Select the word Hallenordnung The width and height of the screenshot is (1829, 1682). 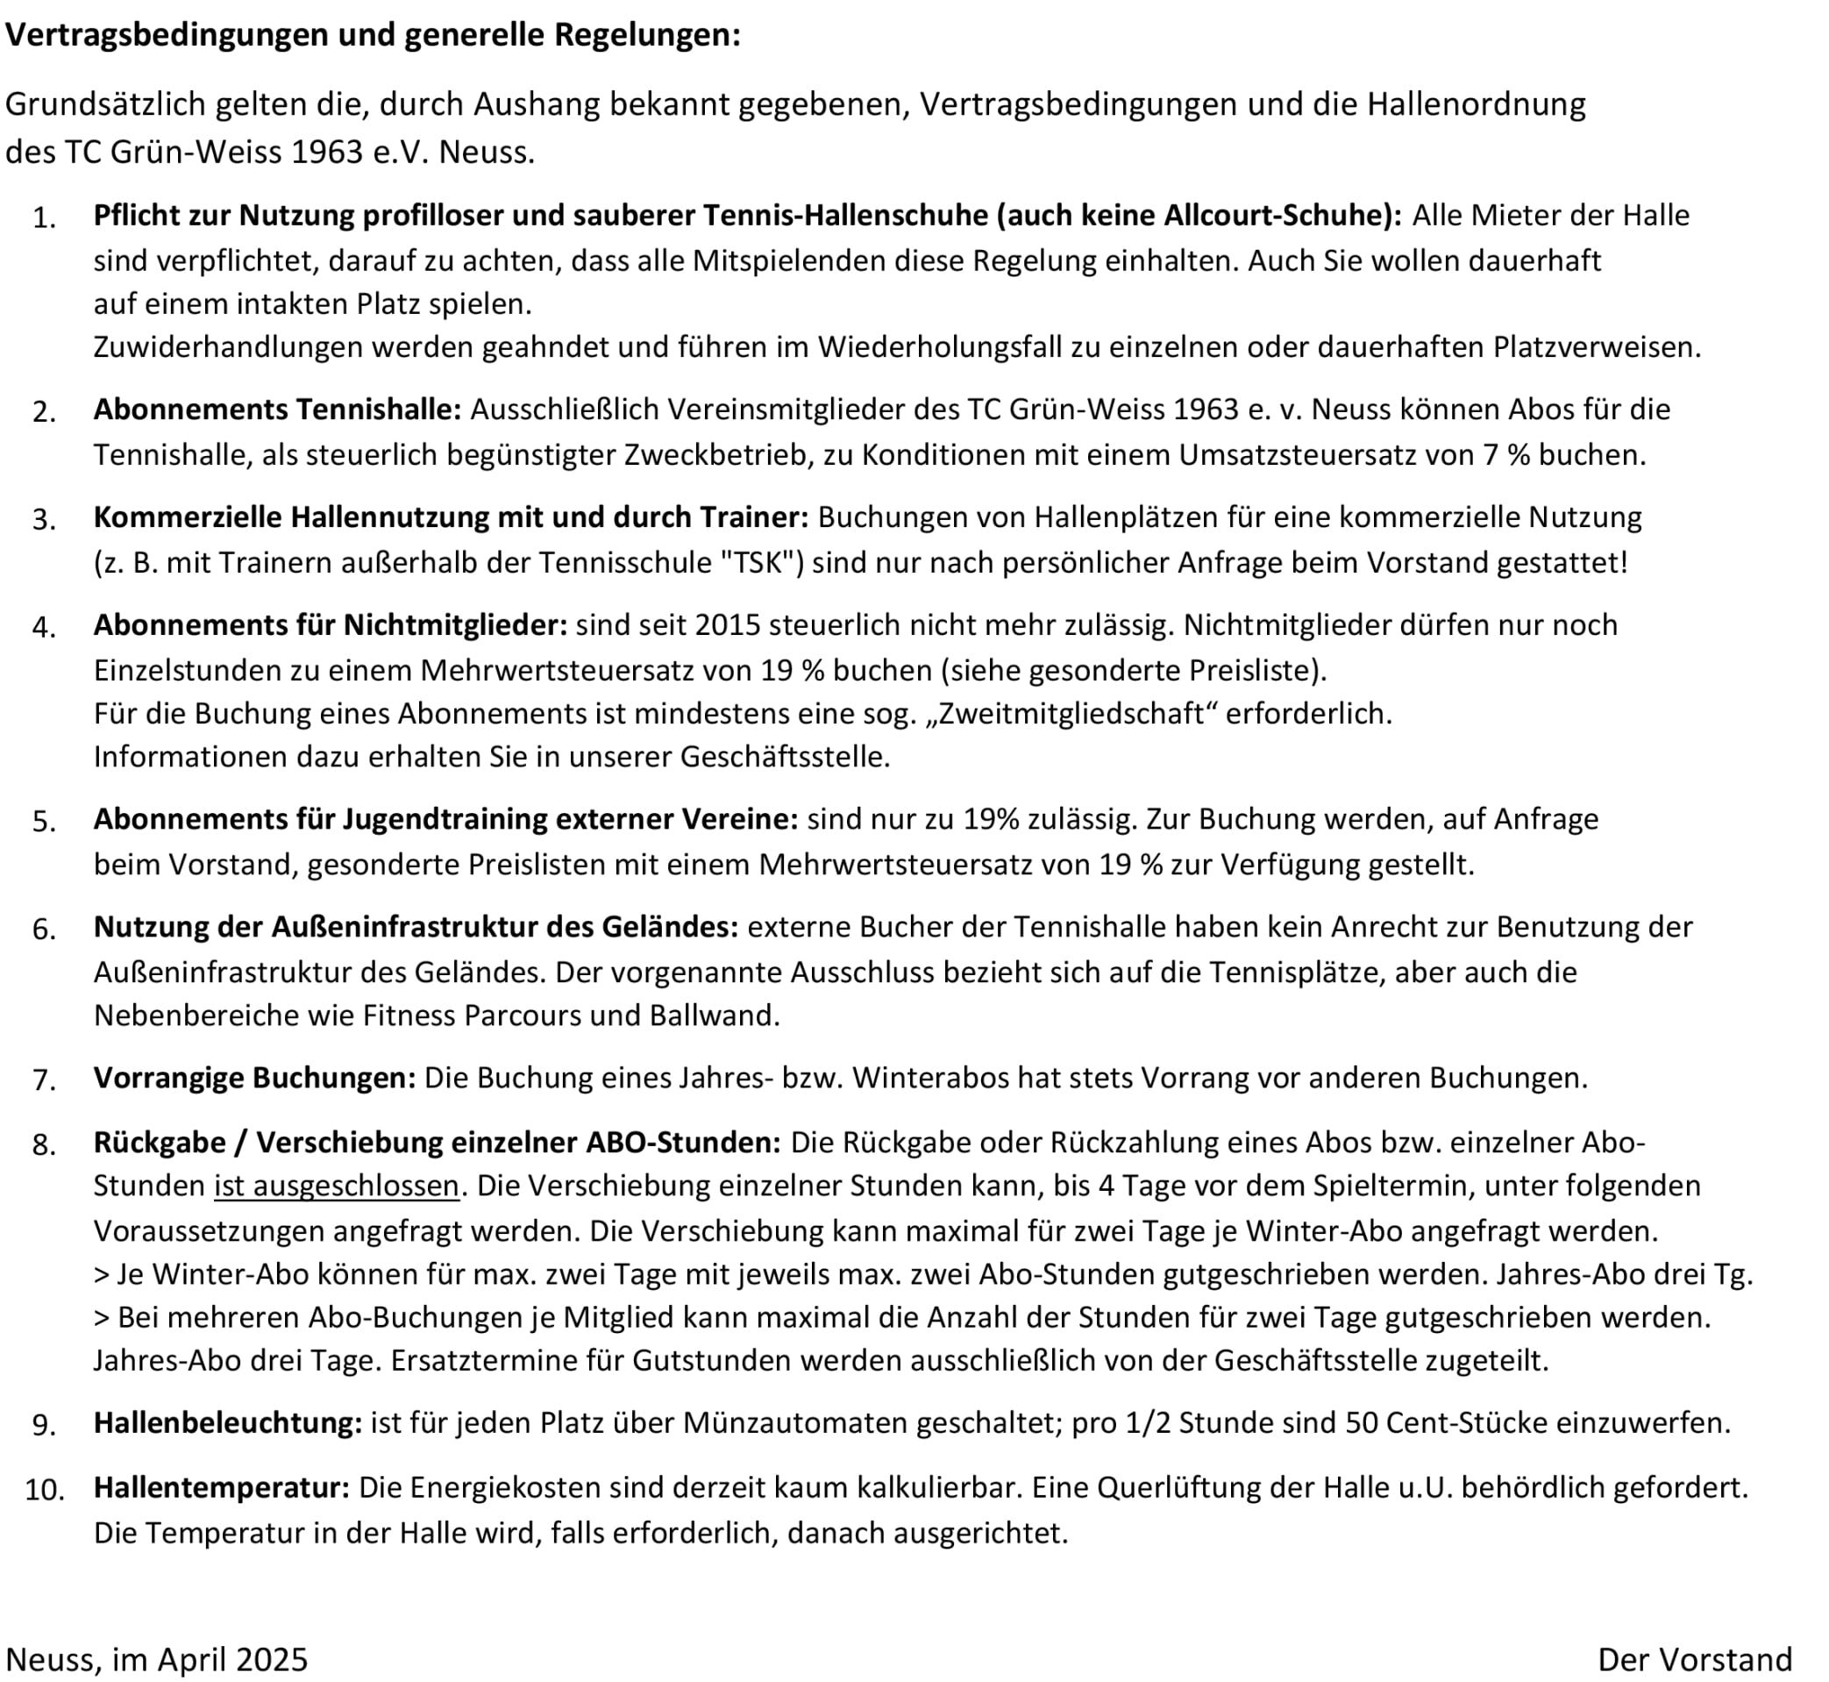pos(1476,104)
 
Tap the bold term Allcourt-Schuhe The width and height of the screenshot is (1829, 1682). pos(1277,216)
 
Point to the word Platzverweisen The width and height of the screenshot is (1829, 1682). pos(1596,346)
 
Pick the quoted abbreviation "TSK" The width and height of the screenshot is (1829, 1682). pos(762,562)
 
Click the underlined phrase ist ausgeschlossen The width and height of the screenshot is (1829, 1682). pos(337,1186)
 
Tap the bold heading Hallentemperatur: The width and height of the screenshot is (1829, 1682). pos(221,1488)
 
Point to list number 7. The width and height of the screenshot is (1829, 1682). pos(45,1080)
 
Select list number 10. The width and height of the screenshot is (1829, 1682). pos(45,1491)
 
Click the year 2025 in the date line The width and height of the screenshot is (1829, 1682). pos(272,1659)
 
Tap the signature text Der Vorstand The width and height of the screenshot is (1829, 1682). pos(1694,1659)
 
